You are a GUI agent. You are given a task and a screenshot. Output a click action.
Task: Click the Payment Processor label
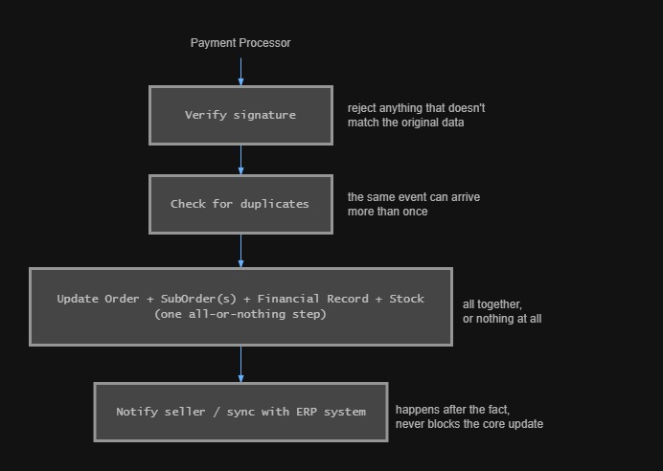pyautogui.click(x=240, y=43)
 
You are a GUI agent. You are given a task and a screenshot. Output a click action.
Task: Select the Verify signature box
pyautogui.click(x=240, y=115)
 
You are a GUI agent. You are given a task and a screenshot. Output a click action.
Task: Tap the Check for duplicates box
pyautogui.click(x=240, y=204)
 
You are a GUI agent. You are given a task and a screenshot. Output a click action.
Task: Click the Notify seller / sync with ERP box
pyautogui.click(x=240, y=412)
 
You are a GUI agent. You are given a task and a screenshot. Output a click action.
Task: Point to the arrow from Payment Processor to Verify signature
pyautogui.click(x=240, y=72)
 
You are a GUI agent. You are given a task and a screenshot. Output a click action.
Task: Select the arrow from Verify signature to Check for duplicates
pyautogui.click(x=240, y=160)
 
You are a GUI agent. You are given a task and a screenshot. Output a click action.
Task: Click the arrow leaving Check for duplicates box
pyautogui.click(x=240, y=251)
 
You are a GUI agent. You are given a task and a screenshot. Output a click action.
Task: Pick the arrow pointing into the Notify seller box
pyautogui.click(x=240, y=364)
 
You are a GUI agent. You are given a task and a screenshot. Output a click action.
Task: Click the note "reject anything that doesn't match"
pyautogui.click(x=416, y=115)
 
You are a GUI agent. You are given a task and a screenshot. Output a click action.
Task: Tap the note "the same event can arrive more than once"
pyautogui.click(x=414, y=204)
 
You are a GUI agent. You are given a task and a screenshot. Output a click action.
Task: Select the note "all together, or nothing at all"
pyautogui.click(x=502, y=311)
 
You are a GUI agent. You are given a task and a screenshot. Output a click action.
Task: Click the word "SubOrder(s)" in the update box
pyautogui.click(x=198, y=299)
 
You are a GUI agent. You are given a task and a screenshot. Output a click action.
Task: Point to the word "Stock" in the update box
pyautogui.click(x=406, y=299)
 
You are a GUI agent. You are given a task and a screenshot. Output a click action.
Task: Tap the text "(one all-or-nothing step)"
pyautogui.click(x=240, y=314)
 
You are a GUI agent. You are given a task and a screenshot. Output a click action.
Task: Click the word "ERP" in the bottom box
pyautogui.click(x=307, y=412)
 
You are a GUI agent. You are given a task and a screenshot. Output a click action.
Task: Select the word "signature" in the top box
pyautogui.click(x=264, y=115)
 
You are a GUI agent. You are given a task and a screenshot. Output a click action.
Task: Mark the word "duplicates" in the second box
pyautogui.click(x=274, y=204)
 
